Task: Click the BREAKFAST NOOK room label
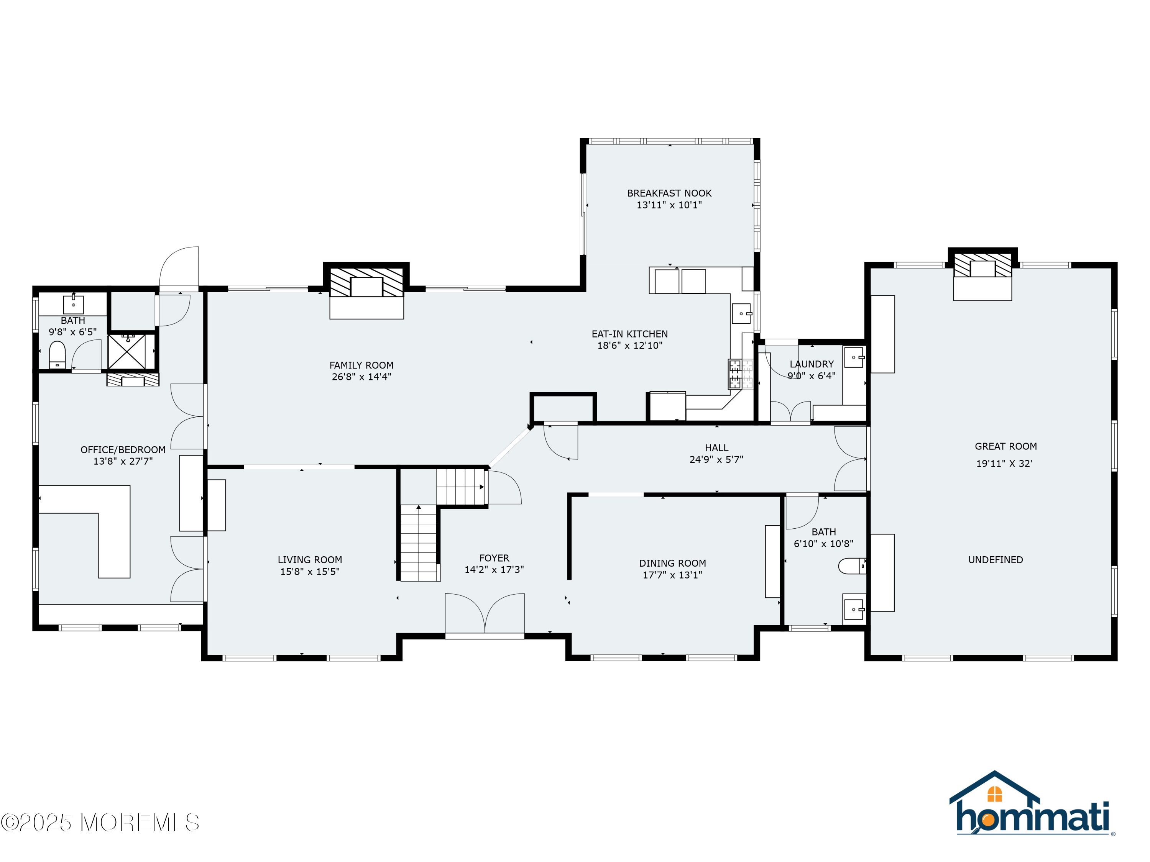[669, 193]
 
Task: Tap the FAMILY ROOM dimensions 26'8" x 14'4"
[361, 377]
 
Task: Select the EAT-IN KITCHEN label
[629, 334]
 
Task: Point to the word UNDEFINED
[996, 560]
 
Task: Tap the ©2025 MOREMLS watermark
[100, 823]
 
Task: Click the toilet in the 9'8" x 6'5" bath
[57, 355]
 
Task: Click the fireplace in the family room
[366, 290]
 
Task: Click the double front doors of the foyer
[485, 614]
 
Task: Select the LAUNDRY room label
[812, 364]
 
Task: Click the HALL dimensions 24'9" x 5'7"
[716, 459]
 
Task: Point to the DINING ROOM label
[672, 563]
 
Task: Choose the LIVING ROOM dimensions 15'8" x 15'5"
[310, 572]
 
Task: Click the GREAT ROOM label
[1005, 446]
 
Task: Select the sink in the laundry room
[854, 357]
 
